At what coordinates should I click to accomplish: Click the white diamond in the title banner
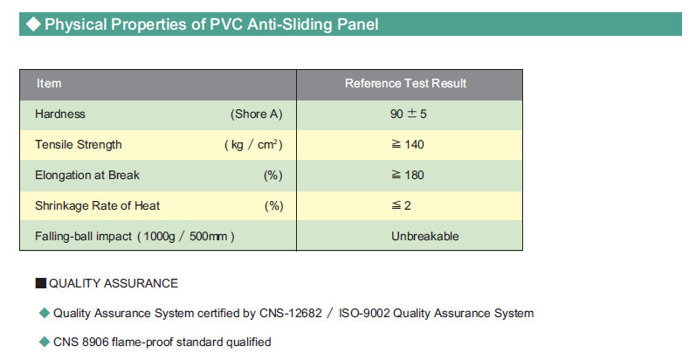click(x=33, y=24)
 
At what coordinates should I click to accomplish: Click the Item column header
click(x=49, y=84)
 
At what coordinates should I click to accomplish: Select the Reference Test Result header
click(x=406, y=84)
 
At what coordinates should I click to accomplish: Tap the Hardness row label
click(x=60, y=114)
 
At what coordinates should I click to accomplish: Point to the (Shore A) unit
click(x=256, y=114)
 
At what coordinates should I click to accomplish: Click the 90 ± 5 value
click(x=409, y=114)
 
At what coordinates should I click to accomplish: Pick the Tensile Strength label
click(x=78, y=145)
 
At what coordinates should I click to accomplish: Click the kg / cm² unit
click(x=253, y=145)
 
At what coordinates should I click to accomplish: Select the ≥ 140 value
click(x=408, y=145)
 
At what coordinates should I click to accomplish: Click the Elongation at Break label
click(x=87, y=176)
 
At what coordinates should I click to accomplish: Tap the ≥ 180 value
click(x=408, y=176)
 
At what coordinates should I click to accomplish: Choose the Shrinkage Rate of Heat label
click(x=97, y=206)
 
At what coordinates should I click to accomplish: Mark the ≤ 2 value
click(x=401, y=206)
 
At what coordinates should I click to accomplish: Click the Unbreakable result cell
click(x=424, y=236)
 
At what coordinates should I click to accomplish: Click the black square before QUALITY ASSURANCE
click(x=40, y=283)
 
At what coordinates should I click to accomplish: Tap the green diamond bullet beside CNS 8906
click(x=45, y=342)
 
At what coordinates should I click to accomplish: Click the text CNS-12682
click(x=290, y=314)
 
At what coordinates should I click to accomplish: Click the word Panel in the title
click(x=358, y=24)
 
